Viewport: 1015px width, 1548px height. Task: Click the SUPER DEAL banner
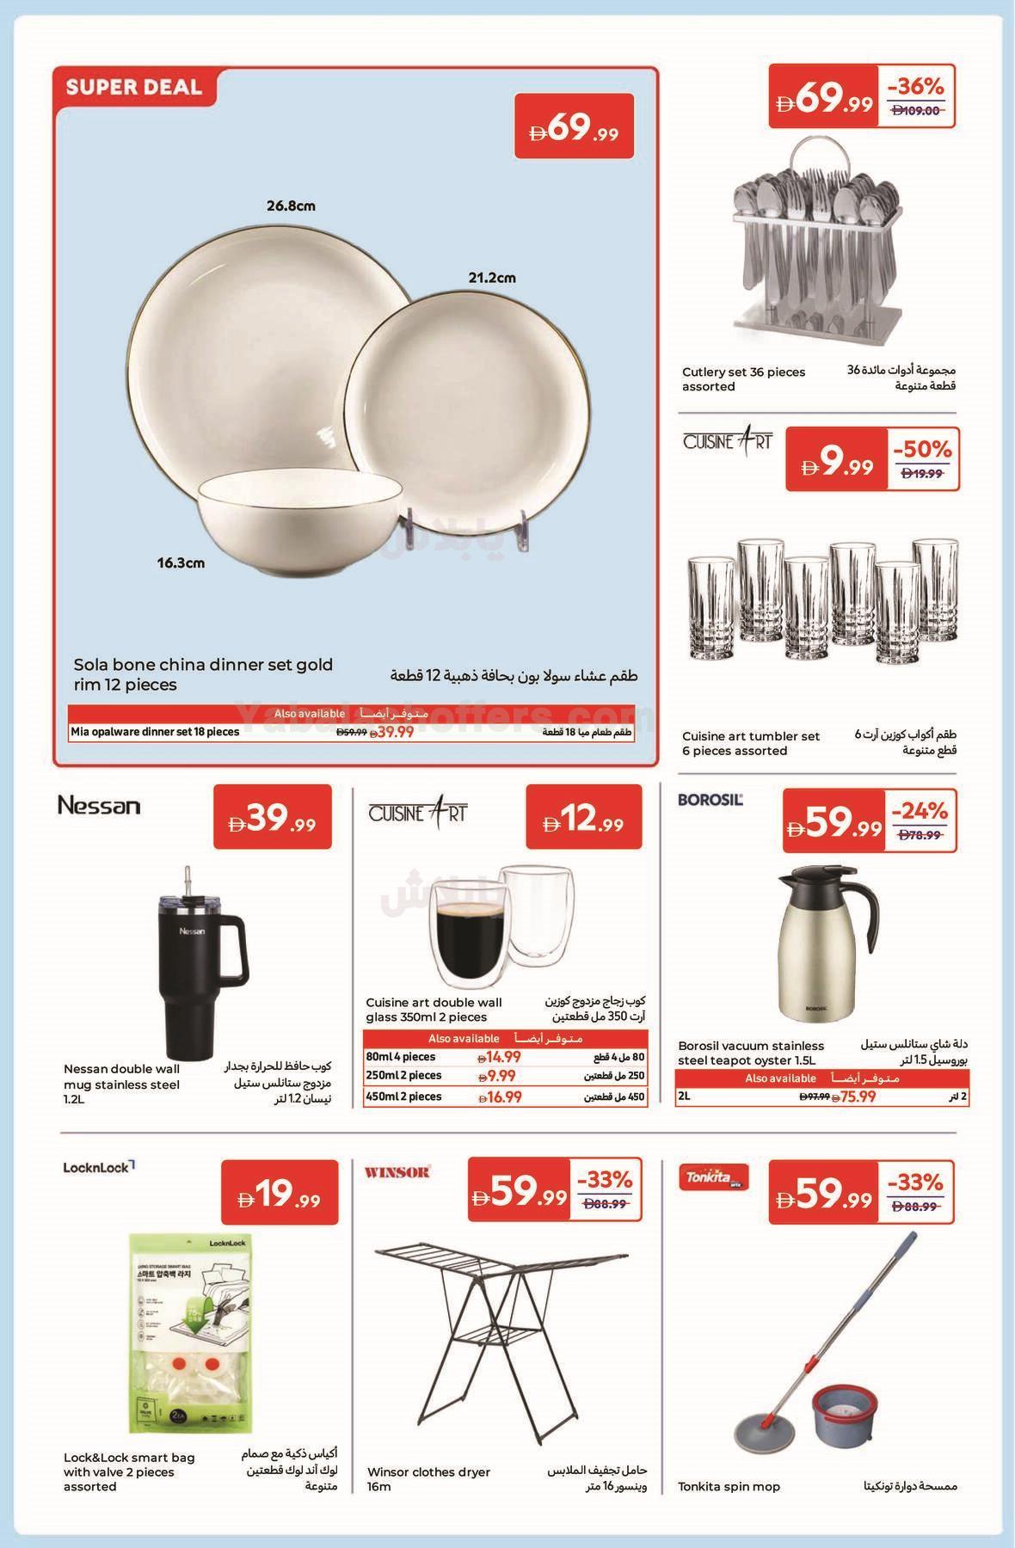pos(132,87)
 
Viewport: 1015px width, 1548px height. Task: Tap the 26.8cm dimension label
pos(290,206)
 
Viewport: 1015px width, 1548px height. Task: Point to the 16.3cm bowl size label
pos(181,563)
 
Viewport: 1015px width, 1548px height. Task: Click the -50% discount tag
pos(922,449)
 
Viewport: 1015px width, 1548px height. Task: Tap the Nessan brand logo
pos(98,806)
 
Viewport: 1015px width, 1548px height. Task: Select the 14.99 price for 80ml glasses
pos(500,1058)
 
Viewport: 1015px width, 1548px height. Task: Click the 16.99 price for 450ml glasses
pos(500,1096)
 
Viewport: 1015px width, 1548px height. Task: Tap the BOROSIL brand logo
pos(710,800)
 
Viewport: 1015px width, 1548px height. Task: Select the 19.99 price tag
pos(280,1194)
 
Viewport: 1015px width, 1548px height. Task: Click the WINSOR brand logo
pos(398,1171)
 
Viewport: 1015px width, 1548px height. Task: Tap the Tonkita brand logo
pos(713,1176)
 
